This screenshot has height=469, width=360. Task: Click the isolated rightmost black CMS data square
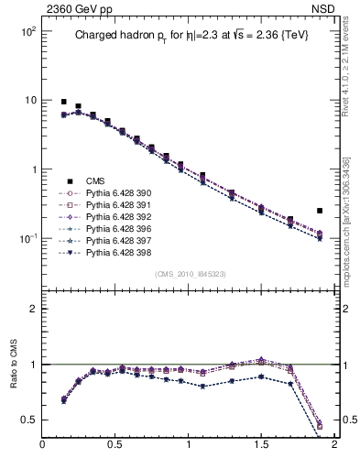tap(320, 211)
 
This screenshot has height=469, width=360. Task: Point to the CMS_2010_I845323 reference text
tap(190, 273)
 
